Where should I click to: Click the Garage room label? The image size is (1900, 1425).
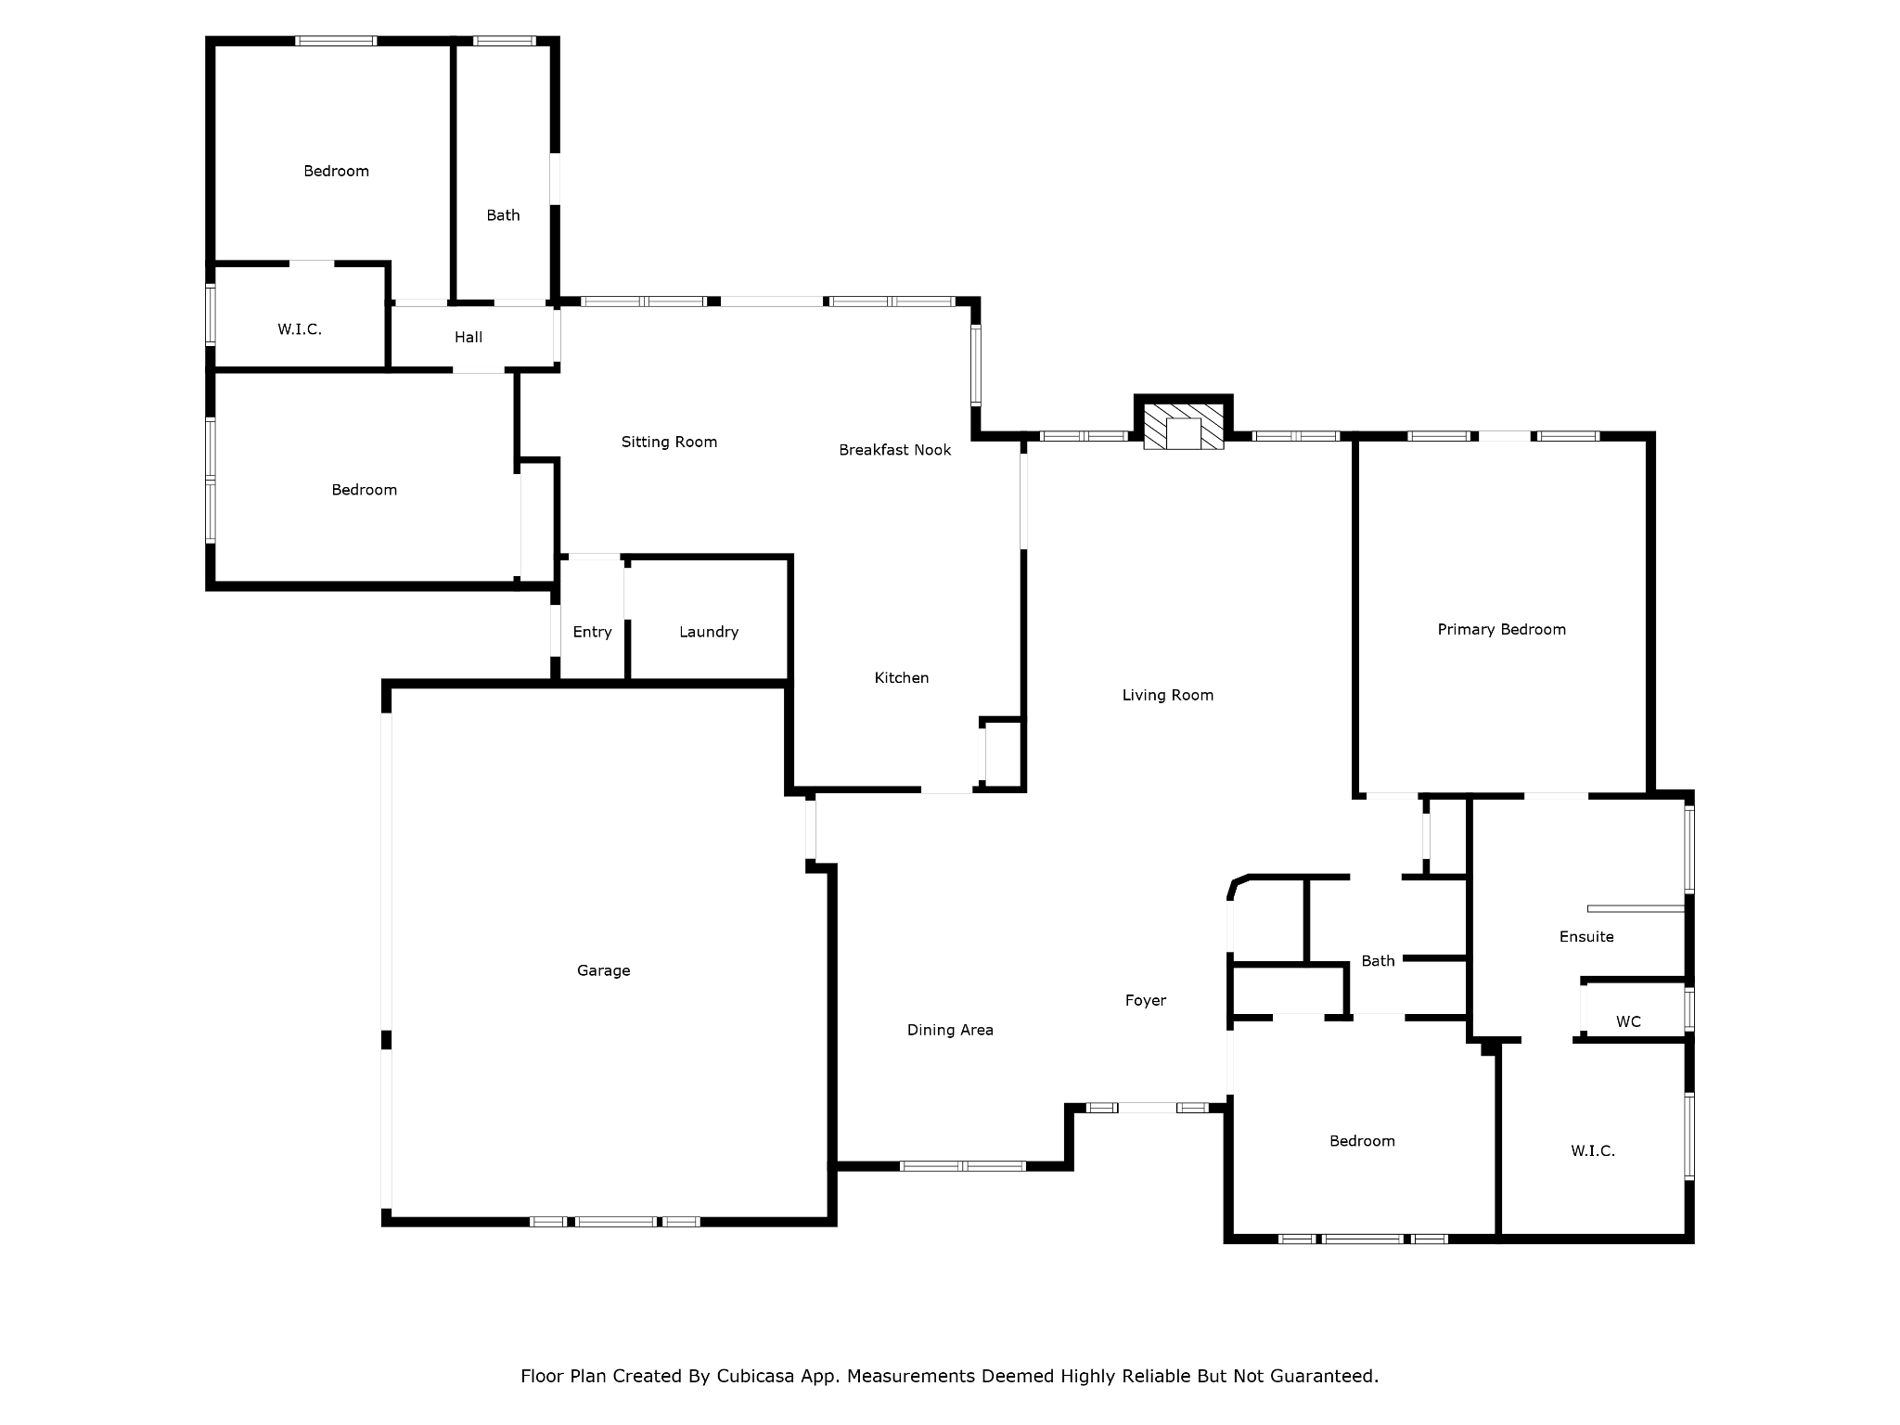(x=603, y=970)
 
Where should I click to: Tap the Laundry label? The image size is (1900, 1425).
(x=709, y=632)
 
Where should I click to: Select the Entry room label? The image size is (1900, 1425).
(x=592, y=632)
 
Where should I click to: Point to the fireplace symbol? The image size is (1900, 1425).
(x=1183, y=427)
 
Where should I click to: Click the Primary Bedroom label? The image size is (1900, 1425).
(x=1501, y=629)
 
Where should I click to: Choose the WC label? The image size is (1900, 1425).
(x=1628, y=1021)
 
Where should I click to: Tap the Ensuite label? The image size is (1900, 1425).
(x=1586, y=936)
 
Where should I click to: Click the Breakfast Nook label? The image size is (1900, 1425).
(x=894, y=450)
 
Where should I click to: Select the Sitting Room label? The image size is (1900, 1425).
(x=669, y=442)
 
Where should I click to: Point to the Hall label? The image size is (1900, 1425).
(x=469, y=337)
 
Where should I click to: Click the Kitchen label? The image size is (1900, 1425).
(x=902, y=678)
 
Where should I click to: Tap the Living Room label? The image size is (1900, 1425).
(x=1167, y=695)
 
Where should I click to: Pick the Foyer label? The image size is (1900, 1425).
(x=1145, y=1000)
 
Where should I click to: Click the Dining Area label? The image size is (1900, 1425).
(x=950, y=1030)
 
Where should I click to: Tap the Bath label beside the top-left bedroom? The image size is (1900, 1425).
(x=503, y=215)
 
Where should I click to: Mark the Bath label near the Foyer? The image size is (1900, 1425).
(x=1378, y=961)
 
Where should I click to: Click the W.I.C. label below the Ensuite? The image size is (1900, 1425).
(x=1593, y=1150)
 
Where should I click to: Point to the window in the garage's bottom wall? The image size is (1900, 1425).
(x=614, y=1221)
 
